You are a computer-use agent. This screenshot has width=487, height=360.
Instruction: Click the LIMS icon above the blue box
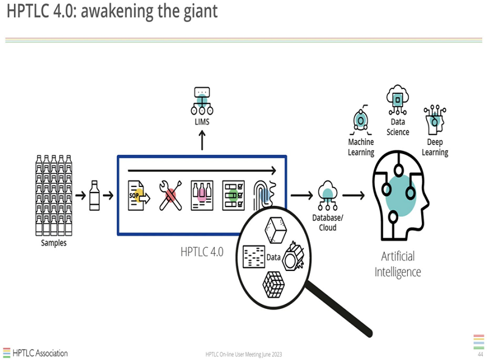pos(202,101)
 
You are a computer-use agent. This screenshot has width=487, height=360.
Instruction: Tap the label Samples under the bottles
pos(54,243)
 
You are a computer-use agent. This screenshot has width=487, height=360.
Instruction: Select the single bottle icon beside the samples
pos(94,195)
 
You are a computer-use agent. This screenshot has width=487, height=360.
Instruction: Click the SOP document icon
pos(138,195)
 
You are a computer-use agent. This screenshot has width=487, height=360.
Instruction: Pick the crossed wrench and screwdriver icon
pos(170,195)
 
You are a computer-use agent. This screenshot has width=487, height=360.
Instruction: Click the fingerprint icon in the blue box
pos(266,194)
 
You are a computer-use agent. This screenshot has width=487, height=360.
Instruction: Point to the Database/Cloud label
pos(328,222)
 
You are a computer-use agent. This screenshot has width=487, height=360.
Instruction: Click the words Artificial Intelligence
pos(398,264)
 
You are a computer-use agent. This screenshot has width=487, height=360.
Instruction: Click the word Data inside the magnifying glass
pos(273,257)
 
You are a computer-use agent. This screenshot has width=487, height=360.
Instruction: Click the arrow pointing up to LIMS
pos(202,139)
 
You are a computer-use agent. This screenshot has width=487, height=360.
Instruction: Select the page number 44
pos(480,354)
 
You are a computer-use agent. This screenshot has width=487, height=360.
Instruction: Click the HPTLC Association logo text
pos(40,353)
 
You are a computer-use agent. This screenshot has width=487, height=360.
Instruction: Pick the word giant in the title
pos(198,11)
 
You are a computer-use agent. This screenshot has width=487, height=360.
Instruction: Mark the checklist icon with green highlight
pos(233,195)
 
